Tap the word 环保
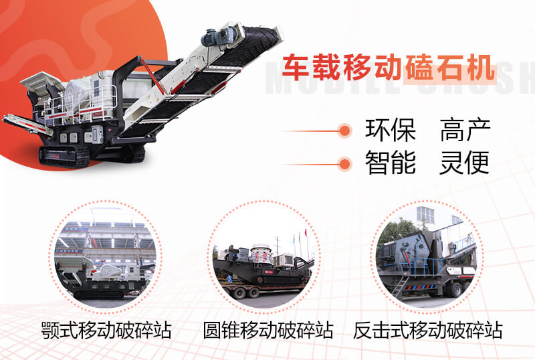tap(390, 130)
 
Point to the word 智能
tap(390, 163)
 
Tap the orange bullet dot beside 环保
tap(344, 130)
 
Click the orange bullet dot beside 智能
tap(344, 163)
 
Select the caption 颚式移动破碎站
tap(105, 330)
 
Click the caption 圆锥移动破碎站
tap(268, 330)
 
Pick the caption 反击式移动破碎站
tap(428, 330)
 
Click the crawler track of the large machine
tap(64, 156)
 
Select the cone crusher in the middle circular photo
tap(261, 248)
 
